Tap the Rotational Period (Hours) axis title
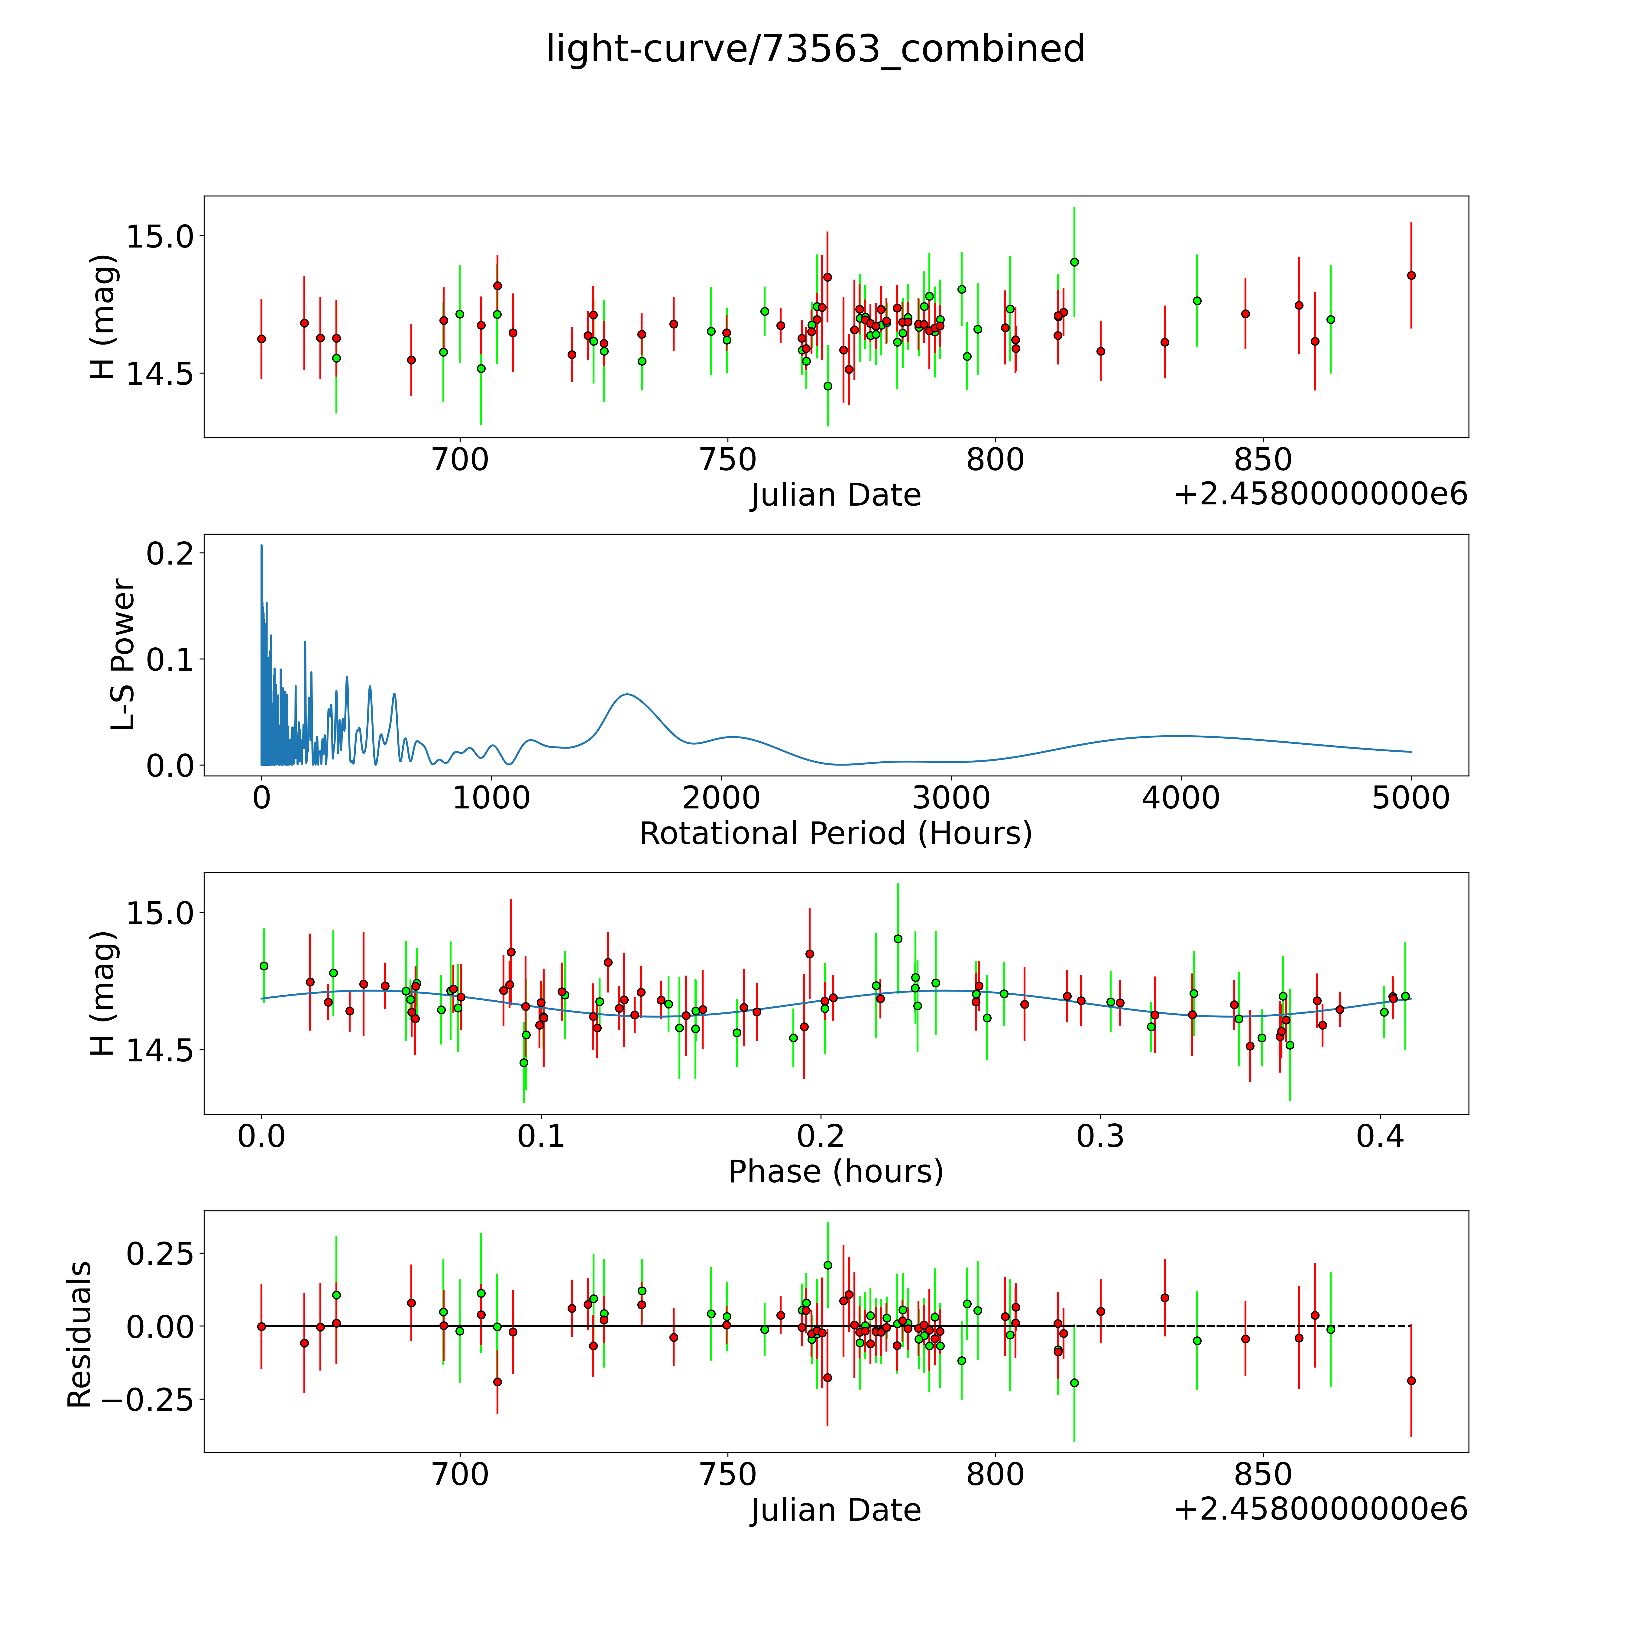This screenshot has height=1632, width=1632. coord(835,834)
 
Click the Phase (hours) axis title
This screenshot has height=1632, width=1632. coord(835,1172)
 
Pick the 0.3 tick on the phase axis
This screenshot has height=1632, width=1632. coord(1100,1136)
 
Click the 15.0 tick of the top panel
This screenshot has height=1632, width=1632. coord(159,237)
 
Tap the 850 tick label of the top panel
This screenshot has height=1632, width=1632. coord(1262,460)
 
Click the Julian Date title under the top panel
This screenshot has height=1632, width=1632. coord(835,495)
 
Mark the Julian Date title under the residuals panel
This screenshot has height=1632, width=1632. coord(835,1511)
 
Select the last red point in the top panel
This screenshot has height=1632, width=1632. coord(1411,275)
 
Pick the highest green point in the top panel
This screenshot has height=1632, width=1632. coord(1073,262)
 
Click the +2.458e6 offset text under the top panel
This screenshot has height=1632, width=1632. coord(1320,495)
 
